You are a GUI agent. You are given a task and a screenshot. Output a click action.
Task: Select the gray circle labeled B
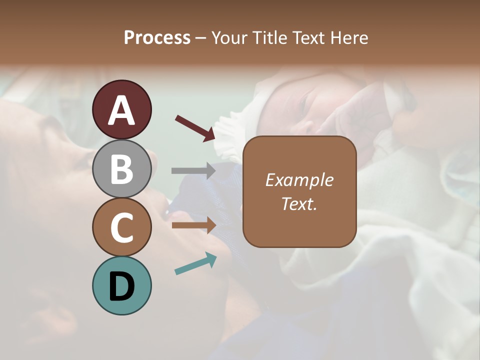[x=121, y=168]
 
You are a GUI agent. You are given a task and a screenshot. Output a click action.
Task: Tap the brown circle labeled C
[x=121, y=227]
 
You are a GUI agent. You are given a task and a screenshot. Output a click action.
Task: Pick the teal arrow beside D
[x=195, y=264]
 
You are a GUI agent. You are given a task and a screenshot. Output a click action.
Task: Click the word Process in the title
[x=157, y=38]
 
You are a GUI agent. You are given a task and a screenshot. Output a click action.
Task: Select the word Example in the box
[x=299, y=180]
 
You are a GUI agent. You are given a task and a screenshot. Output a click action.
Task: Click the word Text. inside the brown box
[x=299, y=203]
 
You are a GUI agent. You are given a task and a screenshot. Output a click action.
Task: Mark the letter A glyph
[x=121, y=110]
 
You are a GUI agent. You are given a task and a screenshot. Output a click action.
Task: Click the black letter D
[x=121, y=286]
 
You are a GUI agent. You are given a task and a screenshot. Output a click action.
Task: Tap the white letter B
[x=121, y=169]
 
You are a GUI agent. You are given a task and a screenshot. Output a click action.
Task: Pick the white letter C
[x=121, y=227]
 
